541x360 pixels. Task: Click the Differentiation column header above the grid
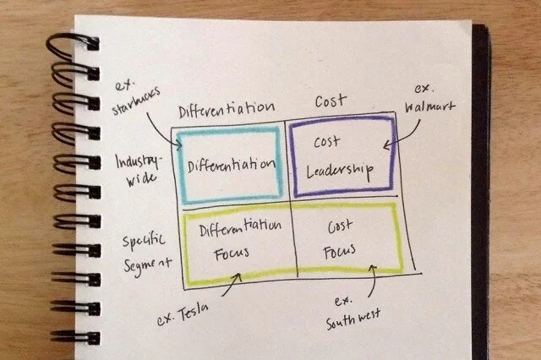[x=227, y=107]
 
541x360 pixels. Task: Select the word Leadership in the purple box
[x=338, y=169]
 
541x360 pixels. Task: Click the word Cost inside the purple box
[x=328, y=142]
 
